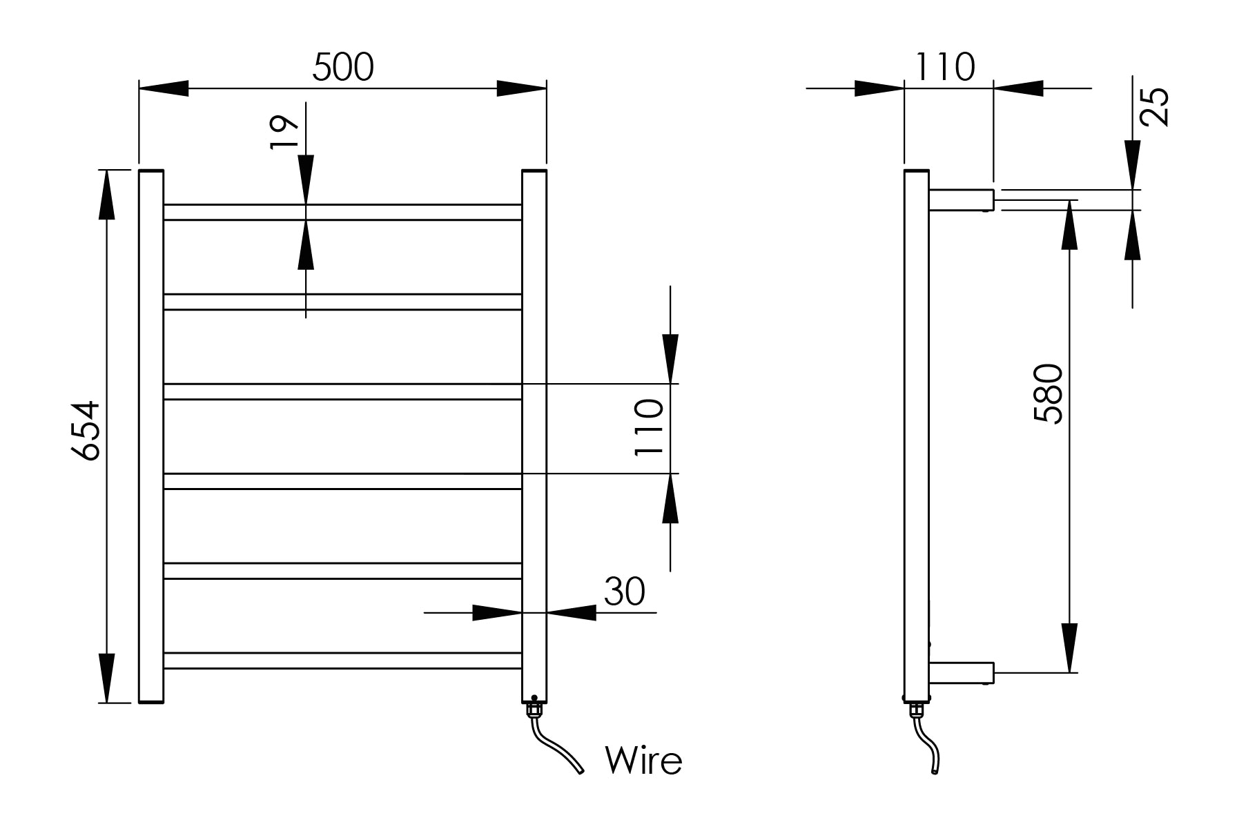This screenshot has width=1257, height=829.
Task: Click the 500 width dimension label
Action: click(343, 68)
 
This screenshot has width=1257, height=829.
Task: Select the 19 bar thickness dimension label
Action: click(284, 133)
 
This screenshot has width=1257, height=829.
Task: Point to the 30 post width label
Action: click(624, 592)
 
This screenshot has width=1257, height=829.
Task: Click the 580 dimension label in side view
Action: click(1049, 393)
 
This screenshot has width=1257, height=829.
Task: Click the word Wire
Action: click(643, 760)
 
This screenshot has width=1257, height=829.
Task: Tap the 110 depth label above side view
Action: click(945, 68)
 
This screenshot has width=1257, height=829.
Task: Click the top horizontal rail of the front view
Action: click(342, 212)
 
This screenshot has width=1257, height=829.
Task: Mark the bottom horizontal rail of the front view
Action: click(342, 661)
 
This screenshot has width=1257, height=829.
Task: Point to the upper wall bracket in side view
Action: click(962, 199)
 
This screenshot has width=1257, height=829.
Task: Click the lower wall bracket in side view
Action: click(962, 672)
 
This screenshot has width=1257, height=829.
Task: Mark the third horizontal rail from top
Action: click(342, 391)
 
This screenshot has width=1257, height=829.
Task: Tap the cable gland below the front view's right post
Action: click(534, 710)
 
